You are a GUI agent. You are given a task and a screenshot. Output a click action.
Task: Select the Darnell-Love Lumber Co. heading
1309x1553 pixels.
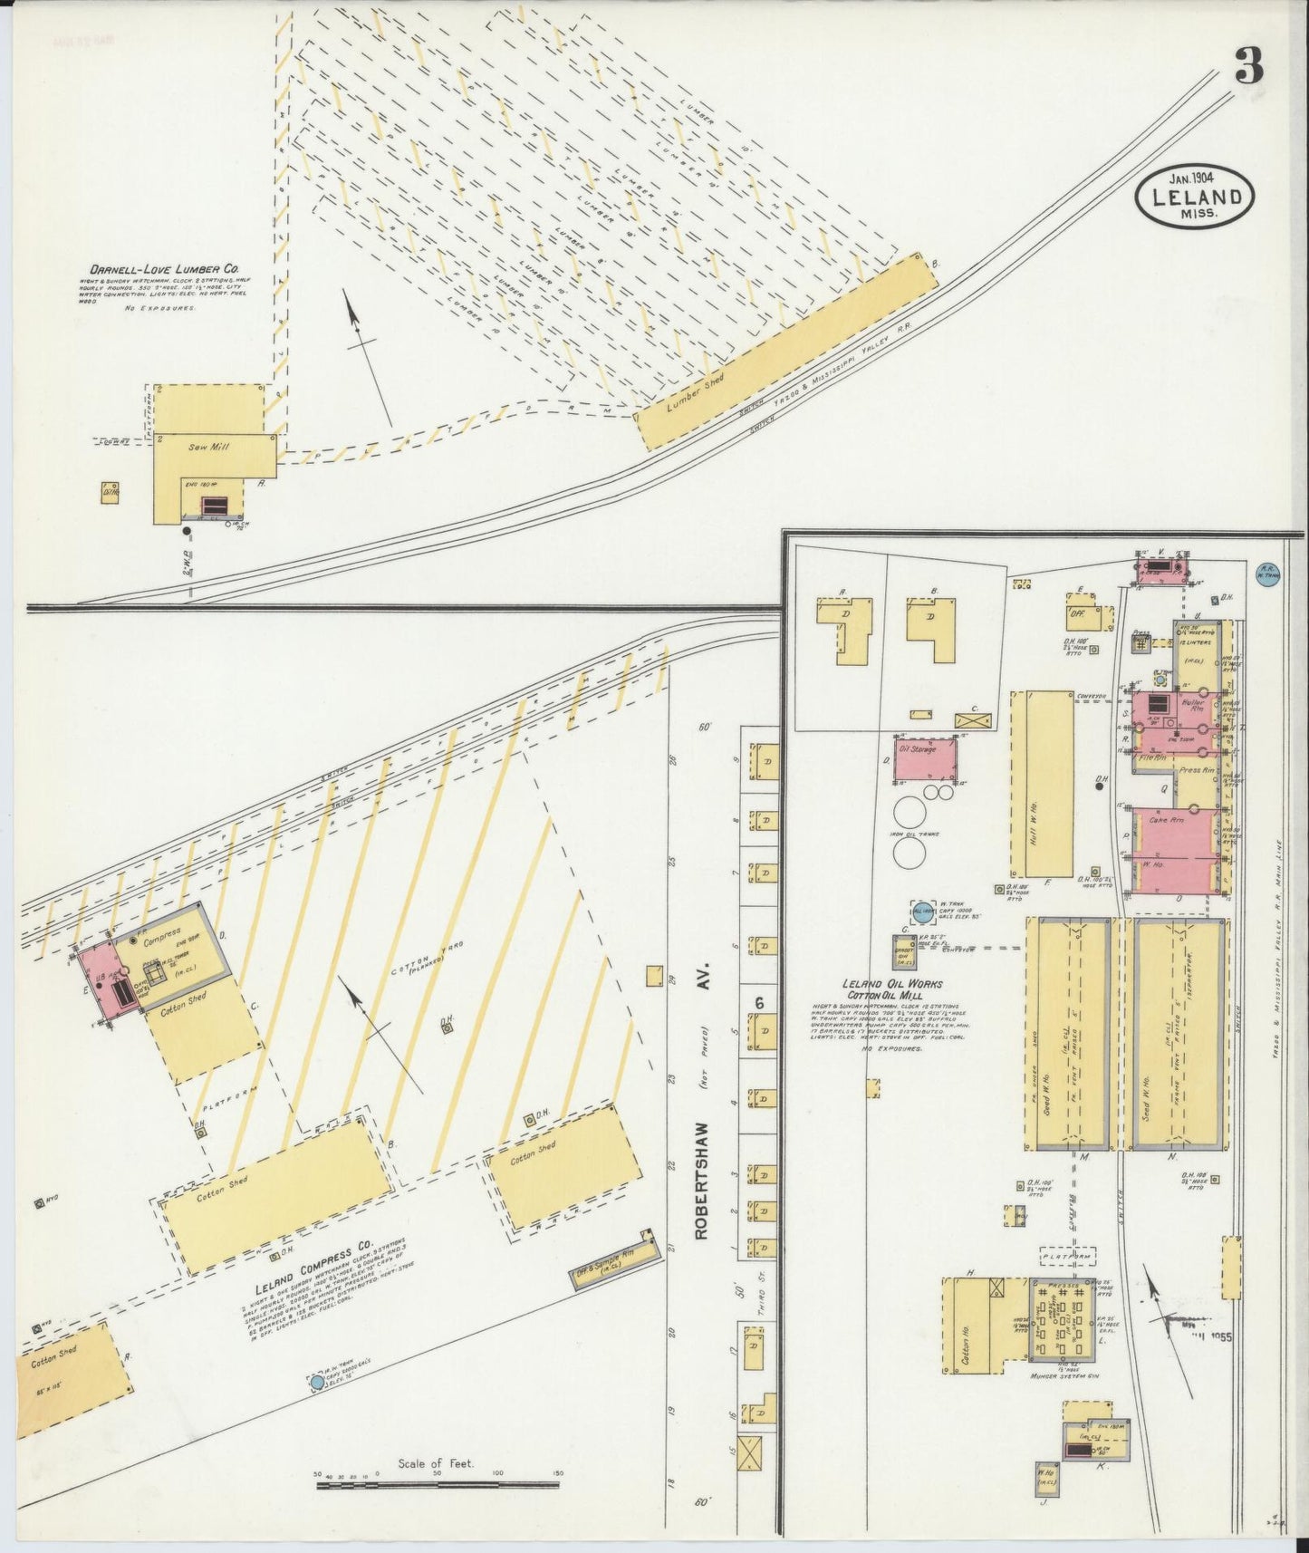point(162,269)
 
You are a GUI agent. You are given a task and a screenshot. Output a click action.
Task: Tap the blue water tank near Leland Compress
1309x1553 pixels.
point(316,1383)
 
